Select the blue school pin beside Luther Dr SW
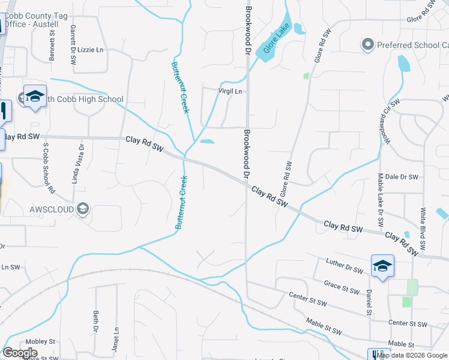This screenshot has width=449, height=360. tap(382, 266)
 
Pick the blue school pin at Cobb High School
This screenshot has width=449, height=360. tap(35, 97)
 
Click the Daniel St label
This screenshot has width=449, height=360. tap(369, 302)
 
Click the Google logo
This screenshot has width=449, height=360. tap(20, 353)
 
